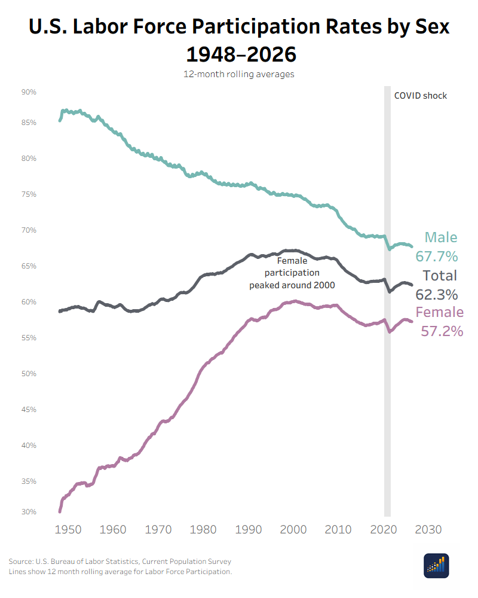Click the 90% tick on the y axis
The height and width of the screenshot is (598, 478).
pyautogui.click(x=29, y=92)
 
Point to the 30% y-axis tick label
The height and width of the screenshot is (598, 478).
pyautogui.click(x=29, y=512)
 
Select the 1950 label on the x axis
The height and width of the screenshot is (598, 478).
pyautogui.click(x=68, y=530)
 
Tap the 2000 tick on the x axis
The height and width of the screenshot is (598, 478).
pyautogui.click(x=293, y=530)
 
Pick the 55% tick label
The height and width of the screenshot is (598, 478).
pyautogui.click(x=29, y=338)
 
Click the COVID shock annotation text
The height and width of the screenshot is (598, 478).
pyautogui.click(x=420, y=96)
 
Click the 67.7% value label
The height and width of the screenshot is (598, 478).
pyautogui.click(x=437, y=257)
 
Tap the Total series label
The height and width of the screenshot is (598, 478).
pyautogui.click(x=440, y=275)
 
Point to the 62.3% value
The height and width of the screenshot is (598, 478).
pyautogui.click(x=437, y=294)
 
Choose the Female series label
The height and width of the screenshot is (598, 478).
pyautogui.click(x=439, y=312)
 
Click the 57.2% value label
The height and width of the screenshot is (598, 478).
pyautogui.click(x=442, y=331)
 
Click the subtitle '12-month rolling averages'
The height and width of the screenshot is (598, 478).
pyautogui.click(x=238, y=75)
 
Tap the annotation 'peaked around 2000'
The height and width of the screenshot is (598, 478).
pyautogui.click(x=292, y=285)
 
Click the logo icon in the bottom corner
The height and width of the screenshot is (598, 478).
pyautogui.click(x=436, y=566)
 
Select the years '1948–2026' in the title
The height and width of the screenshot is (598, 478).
pyautogui.click(x=241, y=54)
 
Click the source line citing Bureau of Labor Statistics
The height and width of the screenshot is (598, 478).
pyautogui.click(x=119, y=562)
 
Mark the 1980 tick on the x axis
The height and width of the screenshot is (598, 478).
pyautogui.click(x=203, y=530)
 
